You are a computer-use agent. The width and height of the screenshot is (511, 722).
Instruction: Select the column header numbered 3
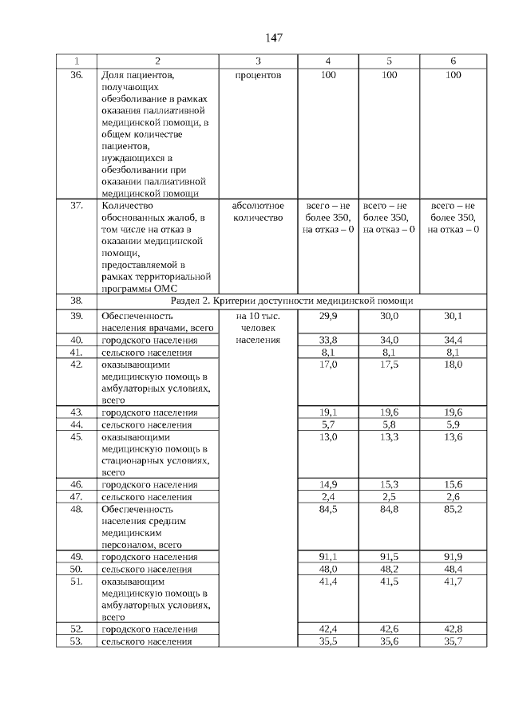tap(258, 61)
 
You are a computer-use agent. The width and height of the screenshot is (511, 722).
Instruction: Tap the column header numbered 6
tap(453, 61)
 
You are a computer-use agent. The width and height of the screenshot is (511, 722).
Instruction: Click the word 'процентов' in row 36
tap(258, 75)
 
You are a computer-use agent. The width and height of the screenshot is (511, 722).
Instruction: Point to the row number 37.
tap(77, 206)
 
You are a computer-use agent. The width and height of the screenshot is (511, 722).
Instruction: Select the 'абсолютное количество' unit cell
tap(258, 211)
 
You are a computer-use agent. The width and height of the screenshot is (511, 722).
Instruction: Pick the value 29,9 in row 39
tap(327, 316)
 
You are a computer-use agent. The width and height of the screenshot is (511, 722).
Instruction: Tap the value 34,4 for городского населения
tap(453, 340)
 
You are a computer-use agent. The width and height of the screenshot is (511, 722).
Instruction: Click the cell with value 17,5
tap(389, 364)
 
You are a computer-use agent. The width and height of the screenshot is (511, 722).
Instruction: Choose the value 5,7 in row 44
tap(327, 424)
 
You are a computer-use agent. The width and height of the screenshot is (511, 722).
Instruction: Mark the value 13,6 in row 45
tap(453, 436)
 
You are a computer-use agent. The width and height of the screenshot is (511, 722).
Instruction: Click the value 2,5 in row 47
tap(389, 496)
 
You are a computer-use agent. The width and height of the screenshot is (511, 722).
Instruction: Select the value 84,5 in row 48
tap(327, 509)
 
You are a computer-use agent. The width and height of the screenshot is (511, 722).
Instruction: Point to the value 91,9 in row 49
tap(453, 557)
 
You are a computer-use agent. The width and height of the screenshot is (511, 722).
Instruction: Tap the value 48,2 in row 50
tap(389, 569)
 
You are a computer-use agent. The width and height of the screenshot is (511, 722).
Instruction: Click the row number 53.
tap(77, 641)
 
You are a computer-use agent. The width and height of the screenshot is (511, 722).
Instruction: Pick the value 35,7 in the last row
tap(453, 641)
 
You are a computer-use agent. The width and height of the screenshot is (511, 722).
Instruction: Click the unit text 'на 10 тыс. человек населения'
tap(258, 328)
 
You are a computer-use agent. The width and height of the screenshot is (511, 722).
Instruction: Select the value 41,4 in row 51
tap(327, 582)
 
